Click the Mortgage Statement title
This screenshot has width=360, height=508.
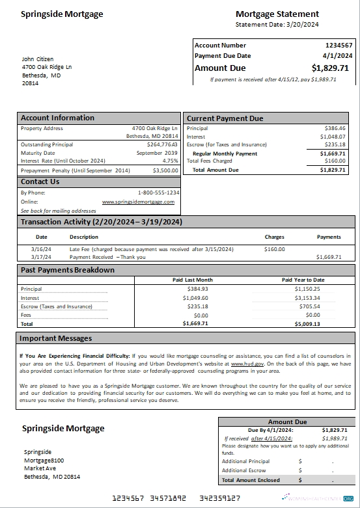coord(277,14)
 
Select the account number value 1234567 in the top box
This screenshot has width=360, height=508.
coord(339,46)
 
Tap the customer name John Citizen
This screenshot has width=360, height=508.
coord(38,59)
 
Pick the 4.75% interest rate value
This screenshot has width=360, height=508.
coord(170,160)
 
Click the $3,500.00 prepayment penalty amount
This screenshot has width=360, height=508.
coord(165,170)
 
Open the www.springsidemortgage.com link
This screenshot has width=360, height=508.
coord(138,202)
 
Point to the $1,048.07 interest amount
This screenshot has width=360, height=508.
coord(333,137)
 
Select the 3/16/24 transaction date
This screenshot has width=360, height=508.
coord(42,249)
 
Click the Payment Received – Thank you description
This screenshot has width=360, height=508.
coord(107,257)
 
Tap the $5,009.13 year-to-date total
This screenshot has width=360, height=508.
coord(307,323)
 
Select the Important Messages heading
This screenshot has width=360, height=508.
coord(55,338)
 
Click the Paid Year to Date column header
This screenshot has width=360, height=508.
coord(303,280)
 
